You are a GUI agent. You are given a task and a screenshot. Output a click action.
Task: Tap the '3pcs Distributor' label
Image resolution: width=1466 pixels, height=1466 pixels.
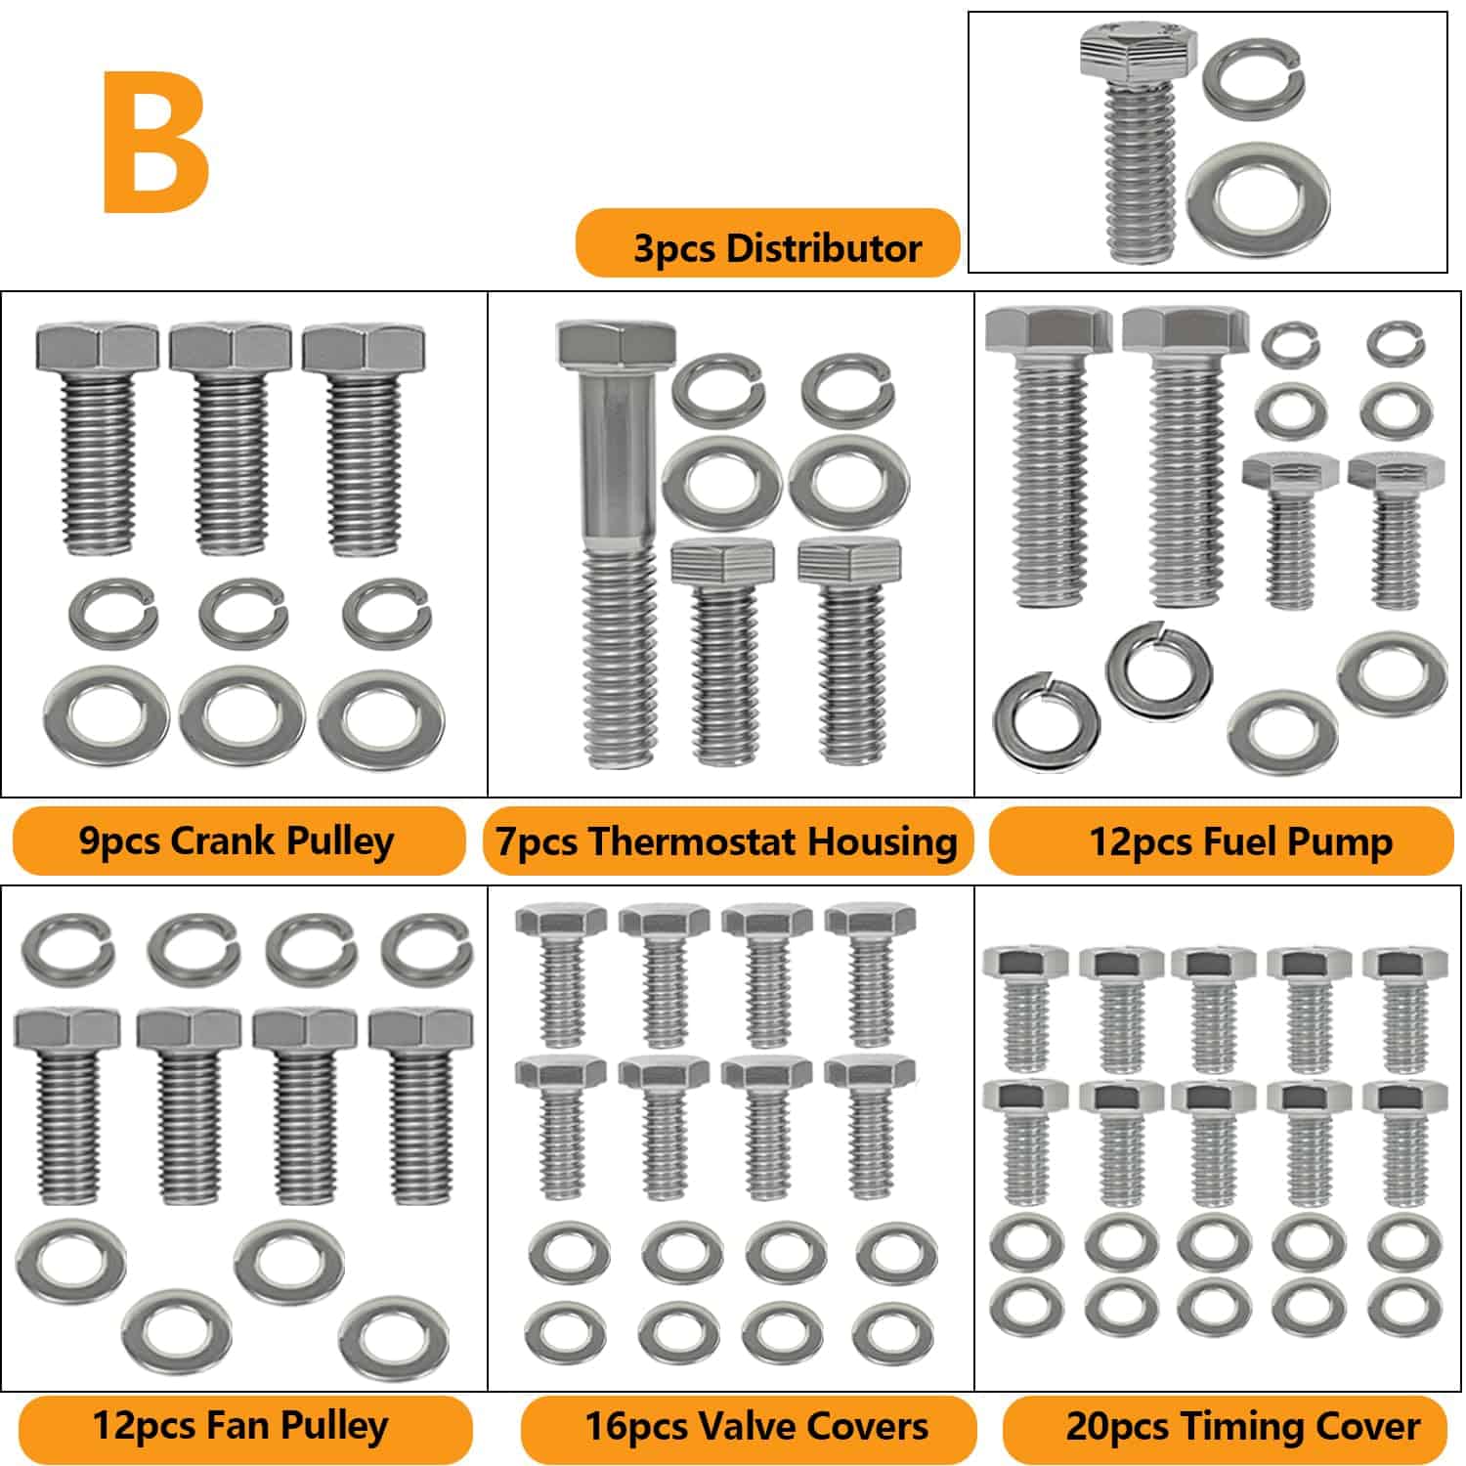coord(777,247)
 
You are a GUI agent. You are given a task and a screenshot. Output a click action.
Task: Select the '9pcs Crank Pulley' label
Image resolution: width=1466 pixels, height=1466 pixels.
coord(237,841)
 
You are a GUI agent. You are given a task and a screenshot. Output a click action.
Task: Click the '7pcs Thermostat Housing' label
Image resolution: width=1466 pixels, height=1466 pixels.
coord(727,841)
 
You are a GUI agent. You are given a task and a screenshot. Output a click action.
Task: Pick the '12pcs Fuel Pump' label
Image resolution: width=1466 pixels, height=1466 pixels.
coord(1241,841)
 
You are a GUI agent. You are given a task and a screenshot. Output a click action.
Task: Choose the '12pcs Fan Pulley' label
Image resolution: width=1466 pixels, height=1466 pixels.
coord(240,1425)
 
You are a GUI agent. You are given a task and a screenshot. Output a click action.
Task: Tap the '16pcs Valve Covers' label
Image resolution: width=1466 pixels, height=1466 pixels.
coord(756,1426)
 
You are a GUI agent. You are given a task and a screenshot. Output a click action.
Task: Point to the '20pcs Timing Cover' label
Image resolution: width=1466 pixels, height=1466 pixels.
coord(1243,1426)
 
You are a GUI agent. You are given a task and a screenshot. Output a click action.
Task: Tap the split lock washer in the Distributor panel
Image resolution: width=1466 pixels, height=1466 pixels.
coord(1254,75)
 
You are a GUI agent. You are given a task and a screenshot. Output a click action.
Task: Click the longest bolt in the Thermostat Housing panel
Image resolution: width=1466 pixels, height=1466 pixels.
coord(617,544)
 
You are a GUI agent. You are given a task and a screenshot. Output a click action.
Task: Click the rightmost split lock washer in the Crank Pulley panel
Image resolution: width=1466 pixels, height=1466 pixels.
coord(387,614)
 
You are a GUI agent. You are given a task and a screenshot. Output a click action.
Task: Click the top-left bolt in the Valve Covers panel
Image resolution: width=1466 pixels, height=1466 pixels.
coord(561,975)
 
